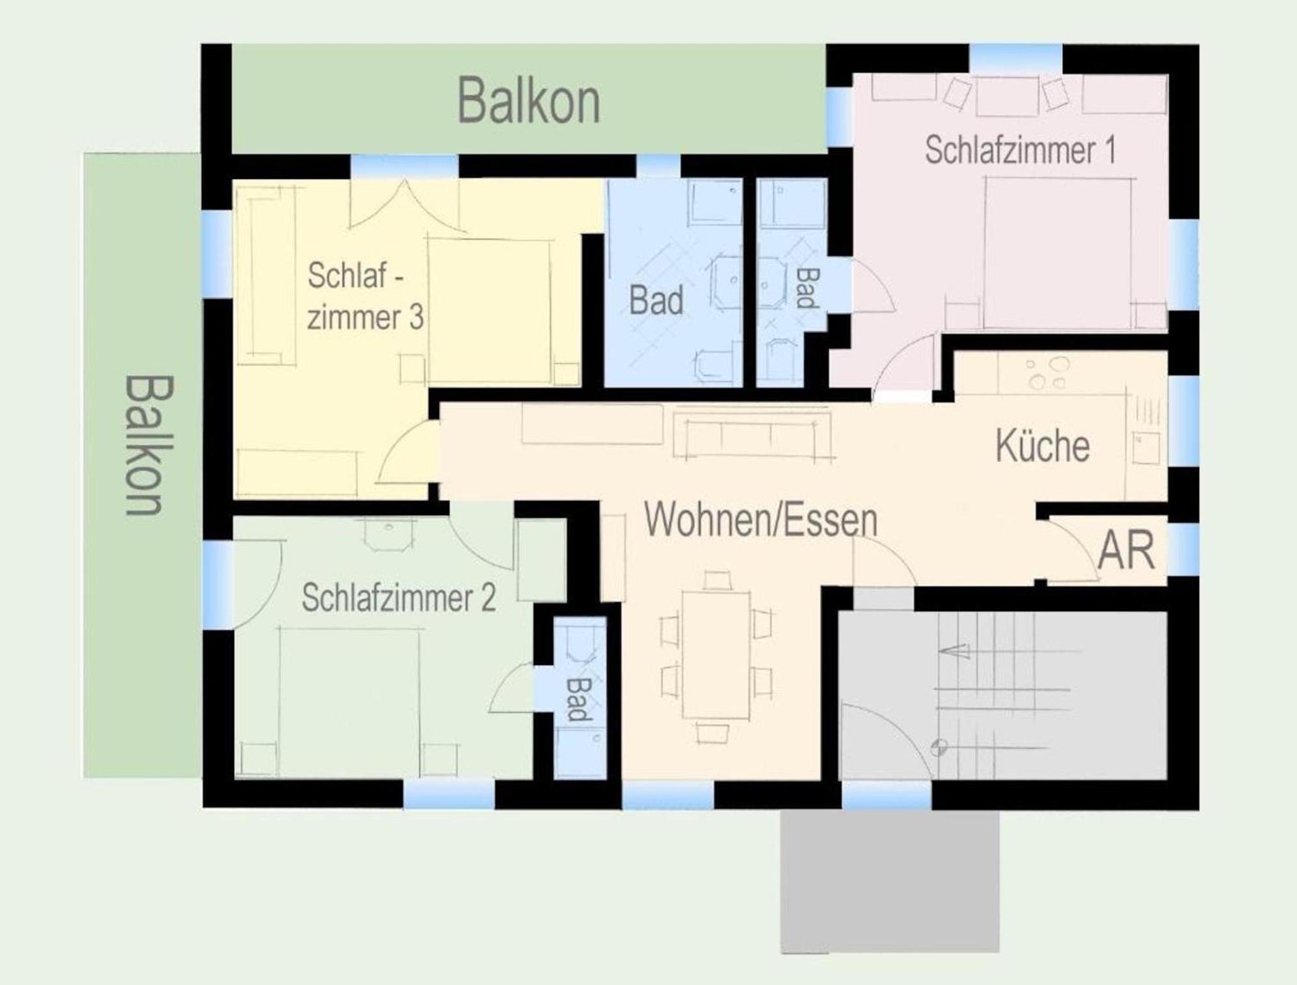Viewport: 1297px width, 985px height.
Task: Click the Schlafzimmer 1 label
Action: click(1020, 150)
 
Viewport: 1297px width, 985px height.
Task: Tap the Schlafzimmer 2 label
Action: click(398, 598)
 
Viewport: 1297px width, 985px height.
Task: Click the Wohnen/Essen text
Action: click(760, 520)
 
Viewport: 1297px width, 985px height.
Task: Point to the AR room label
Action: click(1126, 550)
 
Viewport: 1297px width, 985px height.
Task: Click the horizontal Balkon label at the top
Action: click(529, 101)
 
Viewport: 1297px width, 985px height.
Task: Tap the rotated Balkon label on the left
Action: click(149, 445)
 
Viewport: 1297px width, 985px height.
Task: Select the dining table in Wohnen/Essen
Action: click(716, 655)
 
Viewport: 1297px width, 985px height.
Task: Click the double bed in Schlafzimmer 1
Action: click(1058, 253)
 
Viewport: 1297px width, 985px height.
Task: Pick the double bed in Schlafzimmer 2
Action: click(349, 701)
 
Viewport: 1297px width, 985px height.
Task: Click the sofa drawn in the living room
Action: click(753, 433)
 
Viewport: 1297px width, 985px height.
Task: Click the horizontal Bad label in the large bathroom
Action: click(656, 300)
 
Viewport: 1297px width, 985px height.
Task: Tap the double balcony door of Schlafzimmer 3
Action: click(406, 205)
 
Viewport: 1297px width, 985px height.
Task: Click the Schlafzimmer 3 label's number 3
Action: click(416, 317)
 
